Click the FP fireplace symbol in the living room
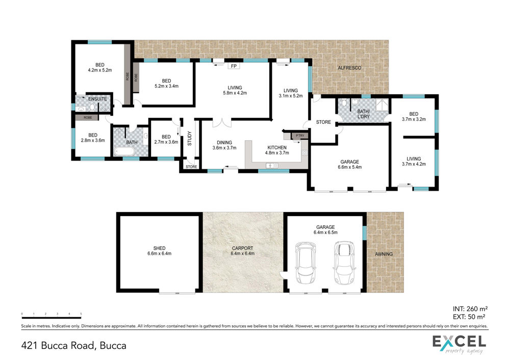pyautogui.click(x=234, y=66)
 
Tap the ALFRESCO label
pyautogui.click(x=349, y=68)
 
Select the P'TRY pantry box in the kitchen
pyautogui.click(x=299, y=136)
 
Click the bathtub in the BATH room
pyautogui.click(x=124, y=151)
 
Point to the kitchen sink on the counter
pyautogui.click(x=272, y=166)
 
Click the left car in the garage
pyautogui.click(x=305, y=263)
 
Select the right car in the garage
pyautogui.click(x=345, y=263)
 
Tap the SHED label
pyautogui.click(x=159, y=248)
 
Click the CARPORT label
pyautogui.click(x=242, y=248)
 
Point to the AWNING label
pyautogui.click(x=384, y=254)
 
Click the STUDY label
pyautogui.click(x=190, y=138)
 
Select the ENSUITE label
pyautogui.click(x=97, y=99)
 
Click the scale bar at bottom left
pyautogui.click(x=52, y=317)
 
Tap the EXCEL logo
pyautogui.click(x=459, y=344)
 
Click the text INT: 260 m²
pyautogui.click(x=470, y=309)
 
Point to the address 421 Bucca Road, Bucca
pyautogui.click(x=74, y=345)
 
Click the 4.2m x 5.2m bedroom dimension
pyautogui.click(x=100, y=70)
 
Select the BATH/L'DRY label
pyautogui.click(x=363, y=114)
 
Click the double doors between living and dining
pyautogui.click(x=222, y=123)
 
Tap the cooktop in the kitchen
pyautogui.click(x=304, y=153)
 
